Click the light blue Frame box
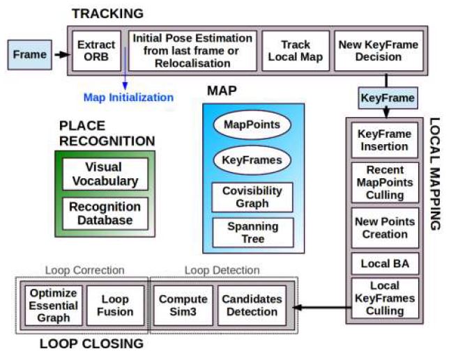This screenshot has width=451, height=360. point(30,54)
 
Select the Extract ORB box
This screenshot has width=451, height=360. point(96,51)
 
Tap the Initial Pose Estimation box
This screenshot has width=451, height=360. point(192,51)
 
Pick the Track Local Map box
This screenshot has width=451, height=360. point(296,51)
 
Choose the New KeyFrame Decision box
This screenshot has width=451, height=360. point(379,51)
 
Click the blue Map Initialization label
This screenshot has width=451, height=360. point(128,97)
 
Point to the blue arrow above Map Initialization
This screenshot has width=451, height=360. point(125,68)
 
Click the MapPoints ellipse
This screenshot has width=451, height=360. point(252,125)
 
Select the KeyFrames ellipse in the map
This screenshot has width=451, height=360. point(252,160)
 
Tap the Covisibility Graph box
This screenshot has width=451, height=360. point(252,197)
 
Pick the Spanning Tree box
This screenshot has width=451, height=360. point(253,233)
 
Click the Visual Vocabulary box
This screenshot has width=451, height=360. point(105,174)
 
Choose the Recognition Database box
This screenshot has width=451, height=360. point(105,214)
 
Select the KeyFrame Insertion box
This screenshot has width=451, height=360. point(385,140)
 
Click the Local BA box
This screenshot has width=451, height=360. point(385,264)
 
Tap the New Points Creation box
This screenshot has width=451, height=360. point(385,228)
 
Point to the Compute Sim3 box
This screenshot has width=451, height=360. point(183,306)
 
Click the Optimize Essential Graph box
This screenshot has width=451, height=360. point(54,306)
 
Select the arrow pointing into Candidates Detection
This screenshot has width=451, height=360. point(322,307)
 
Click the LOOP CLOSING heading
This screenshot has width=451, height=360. point(91,344)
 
